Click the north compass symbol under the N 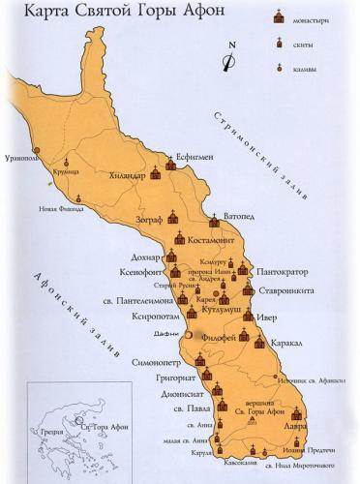click(x=227, y=62)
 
